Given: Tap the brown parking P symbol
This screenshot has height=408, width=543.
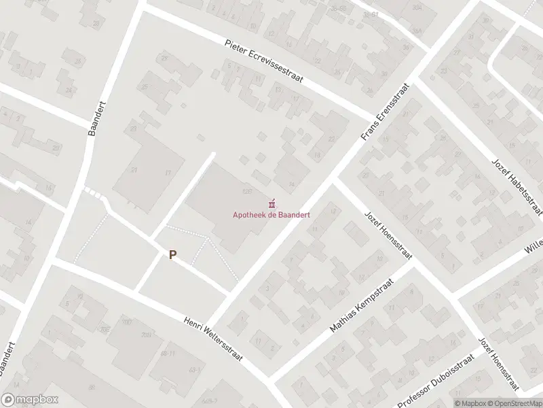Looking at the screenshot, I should (173, 255).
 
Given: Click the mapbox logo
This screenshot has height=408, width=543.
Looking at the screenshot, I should (29, 399).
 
